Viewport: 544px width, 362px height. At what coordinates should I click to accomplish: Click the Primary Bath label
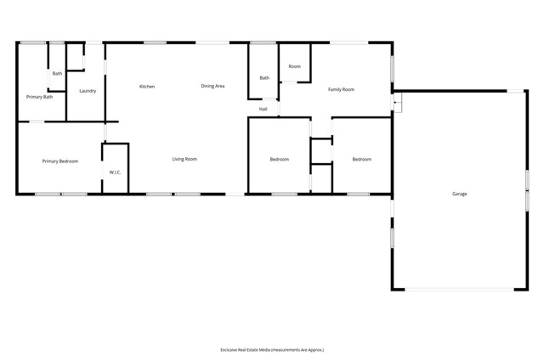coord(40,97)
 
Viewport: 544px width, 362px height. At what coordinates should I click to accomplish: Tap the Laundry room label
coord(88,90)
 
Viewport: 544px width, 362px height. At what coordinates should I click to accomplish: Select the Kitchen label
coord(147,87)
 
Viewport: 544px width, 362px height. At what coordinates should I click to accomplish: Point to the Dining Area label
coord(212,86)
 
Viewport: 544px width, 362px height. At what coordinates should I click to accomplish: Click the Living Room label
coord(184,159)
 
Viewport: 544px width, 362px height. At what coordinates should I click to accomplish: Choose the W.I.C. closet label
coord(115,173)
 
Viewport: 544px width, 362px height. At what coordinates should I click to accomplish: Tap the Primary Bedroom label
coord(60,161)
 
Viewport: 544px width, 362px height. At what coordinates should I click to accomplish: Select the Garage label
coord(459,194)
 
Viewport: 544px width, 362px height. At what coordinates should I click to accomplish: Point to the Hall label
coord(263,109)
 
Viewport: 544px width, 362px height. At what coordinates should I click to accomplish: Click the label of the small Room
coord(294,66)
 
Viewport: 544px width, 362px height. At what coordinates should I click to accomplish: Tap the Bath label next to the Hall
coord(264,78)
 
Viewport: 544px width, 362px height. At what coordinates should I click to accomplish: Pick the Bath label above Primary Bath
coord(57,74)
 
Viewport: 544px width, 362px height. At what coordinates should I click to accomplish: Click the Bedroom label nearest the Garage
coord(362,160)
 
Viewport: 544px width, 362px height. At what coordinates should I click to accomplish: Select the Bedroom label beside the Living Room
coord(280,160)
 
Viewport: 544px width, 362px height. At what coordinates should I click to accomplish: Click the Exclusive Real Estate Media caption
coord(272,349)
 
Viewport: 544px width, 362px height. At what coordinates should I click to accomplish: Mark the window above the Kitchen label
coord(155,42)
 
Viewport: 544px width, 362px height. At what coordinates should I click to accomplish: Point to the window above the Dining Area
coord(212,42)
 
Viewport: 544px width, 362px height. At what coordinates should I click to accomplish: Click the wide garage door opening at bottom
coord(459,290)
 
